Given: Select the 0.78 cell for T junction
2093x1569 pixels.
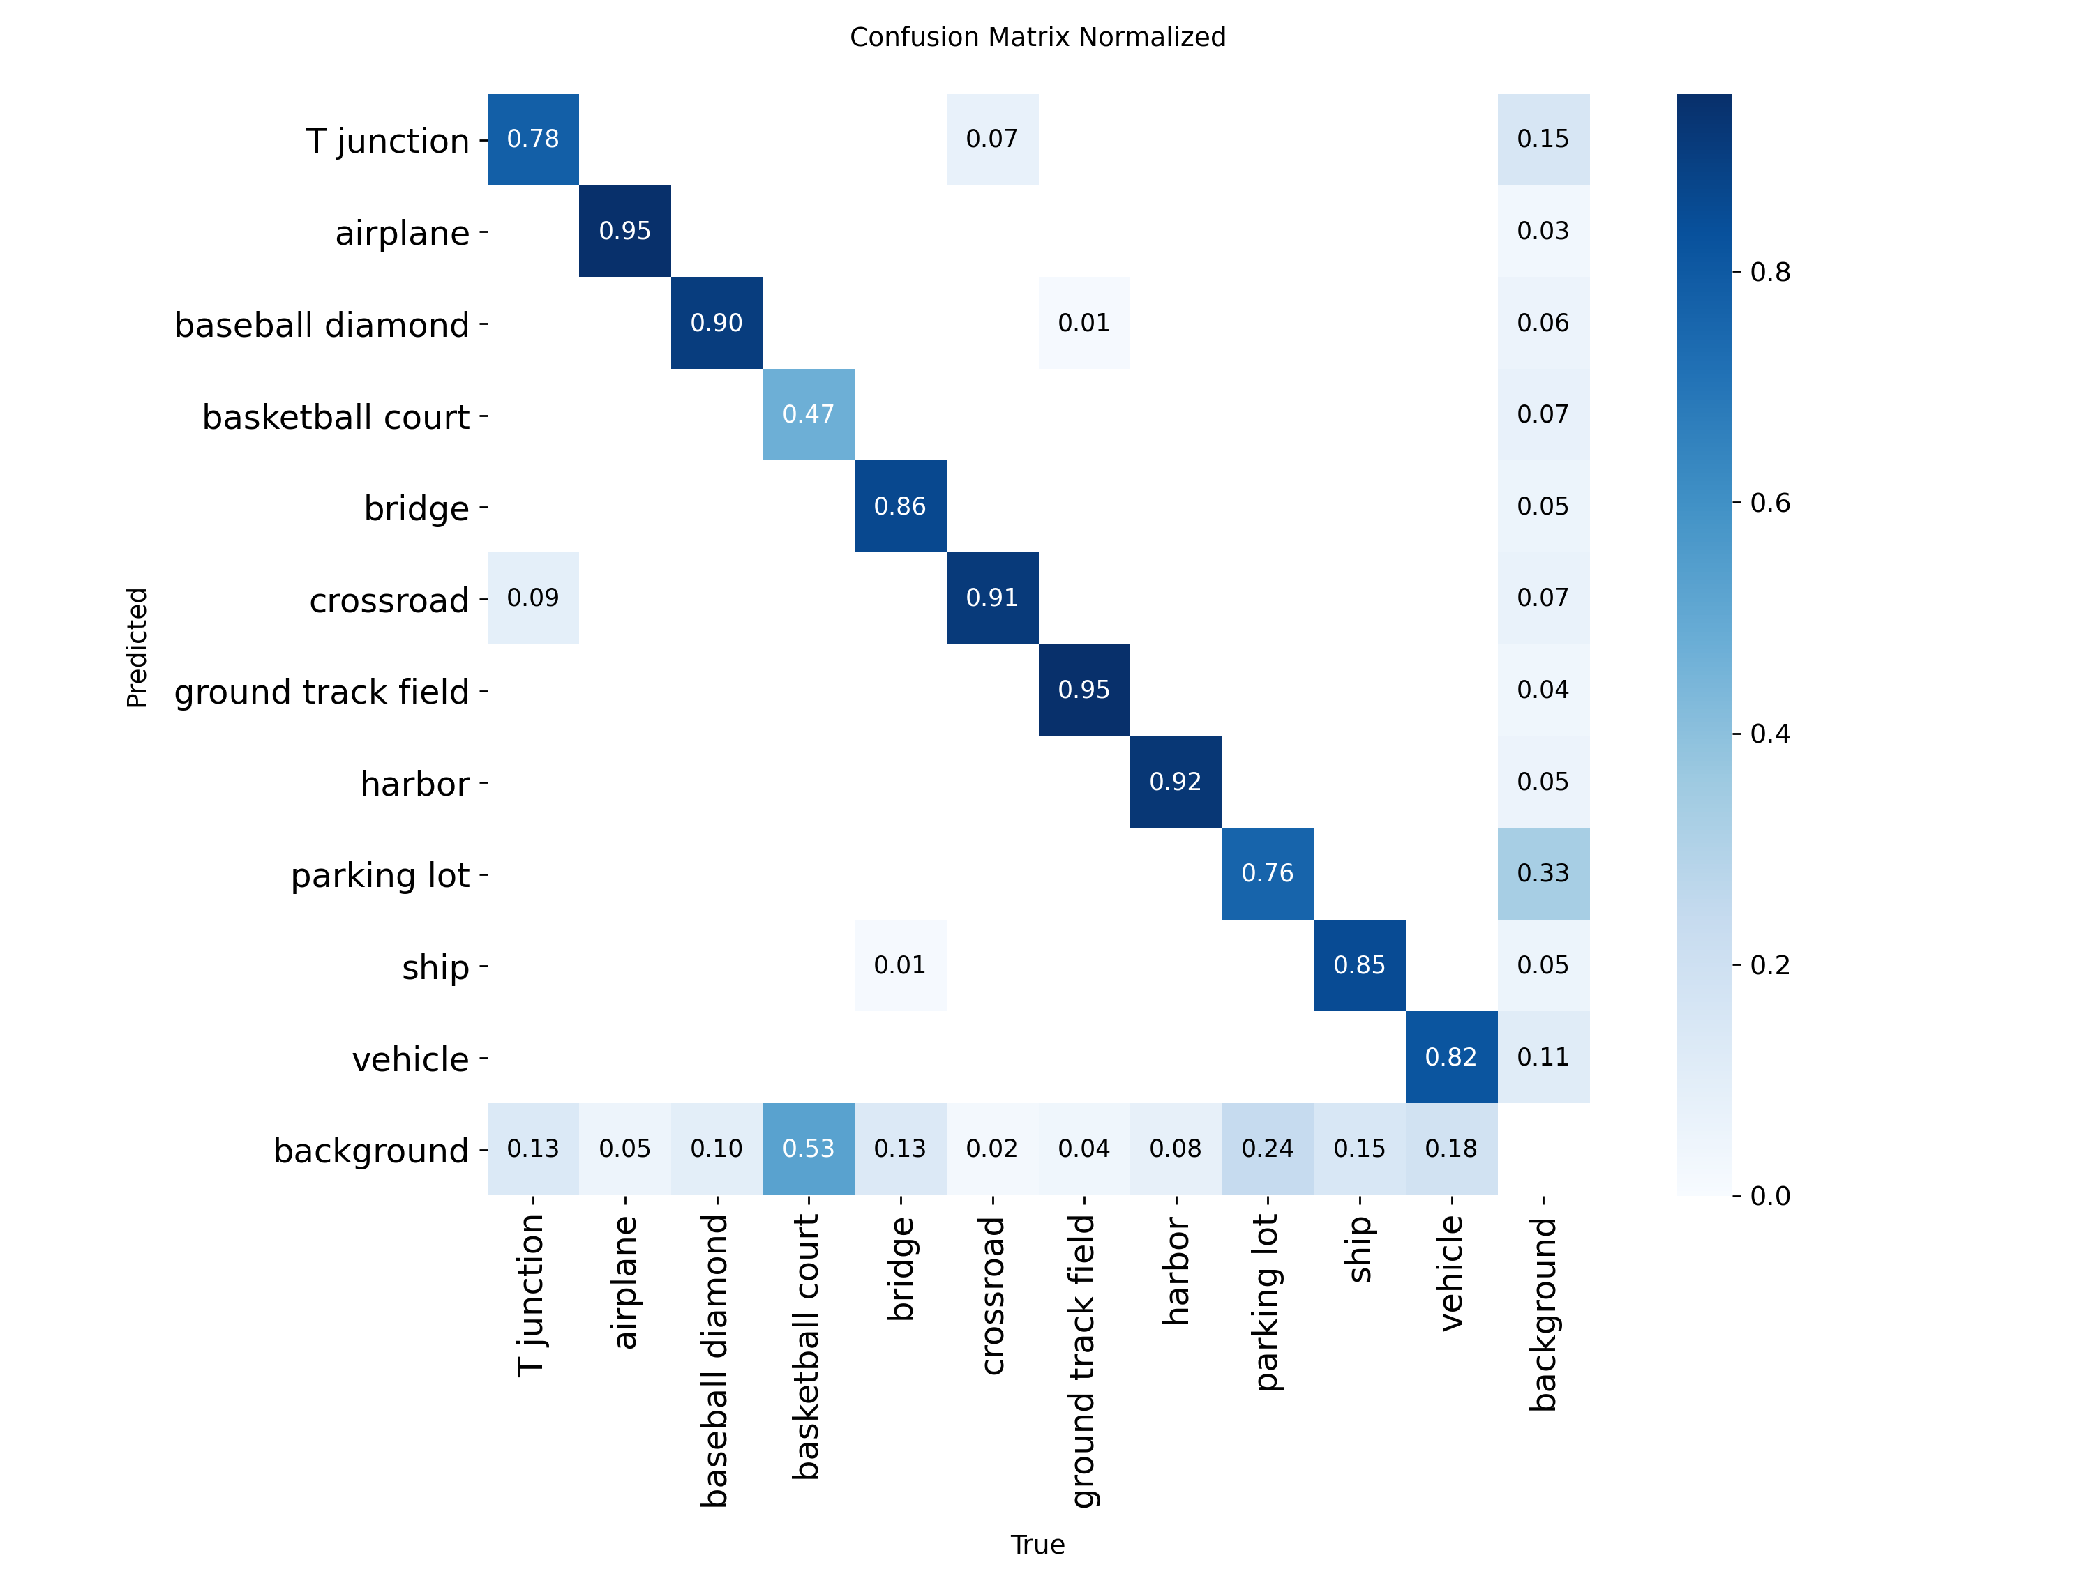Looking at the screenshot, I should [x=533, y=139].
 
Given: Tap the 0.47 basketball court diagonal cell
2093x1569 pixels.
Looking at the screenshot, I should [x=808, y=414].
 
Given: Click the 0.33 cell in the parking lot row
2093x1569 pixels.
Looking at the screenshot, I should [x=1543, y=873].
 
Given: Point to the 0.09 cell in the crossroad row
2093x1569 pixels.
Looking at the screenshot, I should [x=533, y=598].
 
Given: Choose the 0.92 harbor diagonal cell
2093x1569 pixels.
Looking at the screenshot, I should [x=1175, y=781].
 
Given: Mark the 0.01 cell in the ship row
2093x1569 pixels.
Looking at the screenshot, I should [x=900, y=964].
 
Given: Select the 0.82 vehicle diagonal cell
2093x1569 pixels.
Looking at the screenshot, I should [x=1450, y=1056].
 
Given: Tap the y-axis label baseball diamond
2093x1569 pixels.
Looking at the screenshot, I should [x=322, y=324].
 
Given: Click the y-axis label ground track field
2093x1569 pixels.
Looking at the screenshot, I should [x=322, y=691].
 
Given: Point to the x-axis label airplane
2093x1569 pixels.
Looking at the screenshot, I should [x=624, y=1282].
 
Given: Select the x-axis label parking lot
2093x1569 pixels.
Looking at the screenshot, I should [x=1267, y=1303].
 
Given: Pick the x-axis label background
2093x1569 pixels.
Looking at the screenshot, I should [x=1543, y=1314].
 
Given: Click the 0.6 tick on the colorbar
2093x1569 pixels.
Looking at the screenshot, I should [x=1769, y=502].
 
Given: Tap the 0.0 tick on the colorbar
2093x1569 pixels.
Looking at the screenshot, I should [x=1769, y=1195].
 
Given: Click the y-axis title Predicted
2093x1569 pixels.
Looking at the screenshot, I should [x=137, y=647].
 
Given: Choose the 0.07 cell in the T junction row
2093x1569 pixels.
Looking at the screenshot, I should [x=991, y=139].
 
